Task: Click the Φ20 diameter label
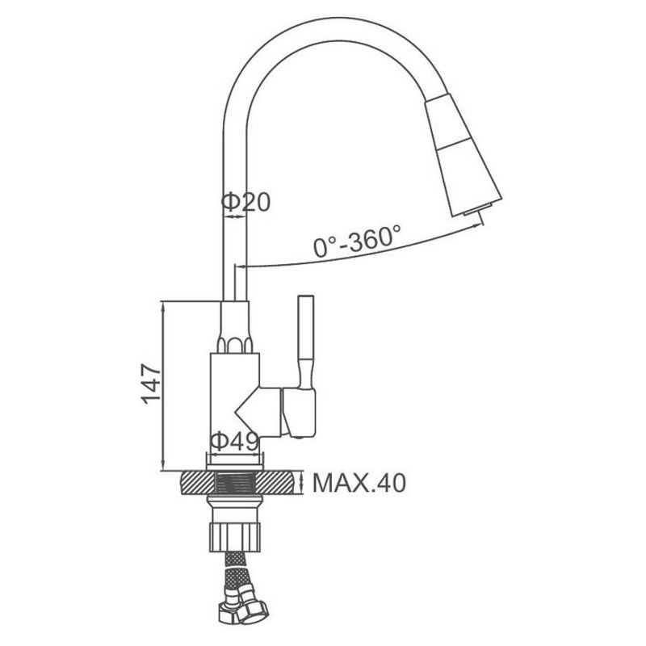(x=246, y=202)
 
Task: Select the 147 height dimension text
(x=151, y=384)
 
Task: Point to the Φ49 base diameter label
(x=234, y=442)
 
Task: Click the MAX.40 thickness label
(x=359, y=483)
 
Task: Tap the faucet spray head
(x=463, y=154)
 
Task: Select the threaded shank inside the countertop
(x=235, y=484)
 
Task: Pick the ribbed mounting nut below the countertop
(x=236, y=537)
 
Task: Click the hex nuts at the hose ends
(x=243, y=605)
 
